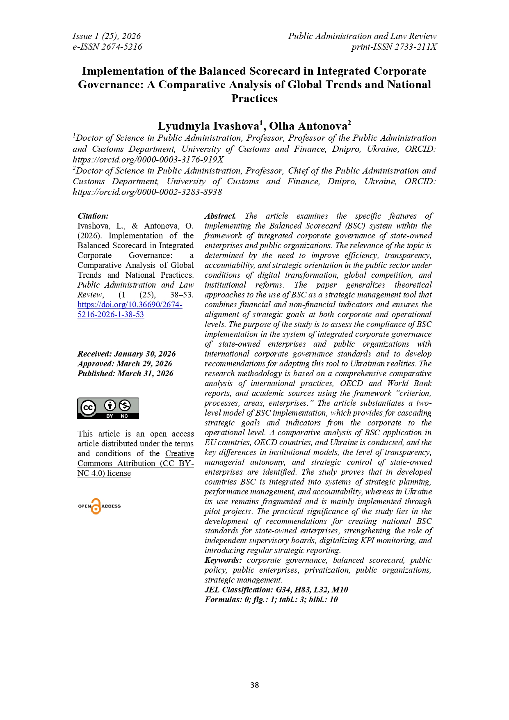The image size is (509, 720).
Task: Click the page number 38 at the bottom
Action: tap(254, 685)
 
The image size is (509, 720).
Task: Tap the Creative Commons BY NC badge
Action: tap(108, 408)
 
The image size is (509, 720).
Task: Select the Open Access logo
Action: tap(99, 506)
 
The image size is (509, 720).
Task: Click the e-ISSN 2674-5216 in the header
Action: tap(107, 47)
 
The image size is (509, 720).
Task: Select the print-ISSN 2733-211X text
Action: tap(394, 47)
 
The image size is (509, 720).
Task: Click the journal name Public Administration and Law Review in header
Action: tap(362, 36)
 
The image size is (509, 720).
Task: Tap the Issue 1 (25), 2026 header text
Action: tap(107, 36)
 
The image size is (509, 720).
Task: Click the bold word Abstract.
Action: tap(220, 216)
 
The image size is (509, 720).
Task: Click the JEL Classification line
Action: tap(276, 590)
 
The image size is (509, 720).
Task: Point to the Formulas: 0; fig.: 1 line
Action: tap(271, 600)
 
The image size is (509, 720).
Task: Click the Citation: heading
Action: tap(93, 216)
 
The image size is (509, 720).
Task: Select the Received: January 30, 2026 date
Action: tap(126, 354)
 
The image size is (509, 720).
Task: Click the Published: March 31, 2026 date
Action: tap(125, 374)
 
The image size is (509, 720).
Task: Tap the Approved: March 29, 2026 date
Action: tap(125, 364)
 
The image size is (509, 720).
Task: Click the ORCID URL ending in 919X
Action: tap(148, 160)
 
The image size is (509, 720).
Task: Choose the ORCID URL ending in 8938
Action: tap(147, 192)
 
